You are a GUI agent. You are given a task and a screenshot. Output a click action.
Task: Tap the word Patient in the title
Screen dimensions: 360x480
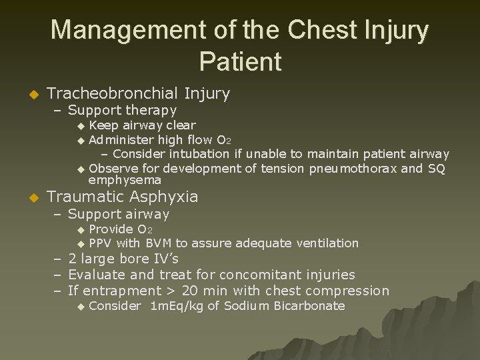pyautogui.click(x=240, y=61)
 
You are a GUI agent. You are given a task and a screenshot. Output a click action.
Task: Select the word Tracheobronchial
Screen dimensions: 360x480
pyautogui.click(x=112, y=93)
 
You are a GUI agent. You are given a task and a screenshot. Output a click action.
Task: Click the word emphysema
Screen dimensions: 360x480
pyautogui.click(x=125, y=180)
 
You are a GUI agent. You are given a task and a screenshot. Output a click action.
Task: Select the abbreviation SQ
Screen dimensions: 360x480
pyautogui.click(x=437, y=168)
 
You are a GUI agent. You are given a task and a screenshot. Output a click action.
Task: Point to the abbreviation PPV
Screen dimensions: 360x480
pyautogui.click(x=101, y=243)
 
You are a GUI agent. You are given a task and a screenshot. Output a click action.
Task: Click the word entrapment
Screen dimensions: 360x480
pyautogui.click(x=122, y=291)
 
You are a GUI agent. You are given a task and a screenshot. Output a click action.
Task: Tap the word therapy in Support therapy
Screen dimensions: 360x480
pyautogui.click(x=151, y=110)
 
